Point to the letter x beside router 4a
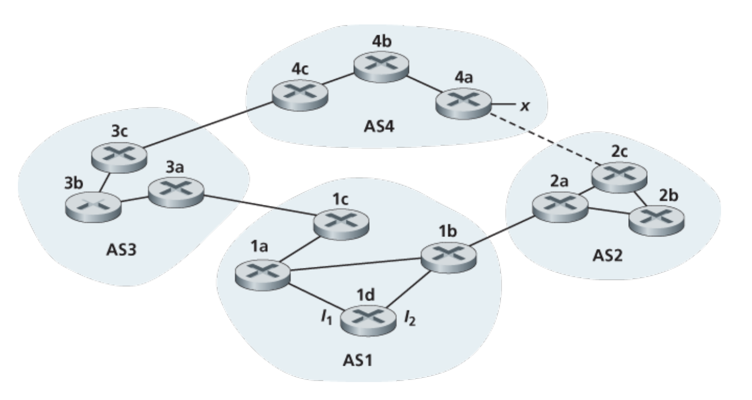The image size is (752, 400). [524, 105]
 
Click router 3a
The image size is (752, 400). [175, 193]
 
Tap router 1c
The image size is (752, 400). [339, 222]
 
